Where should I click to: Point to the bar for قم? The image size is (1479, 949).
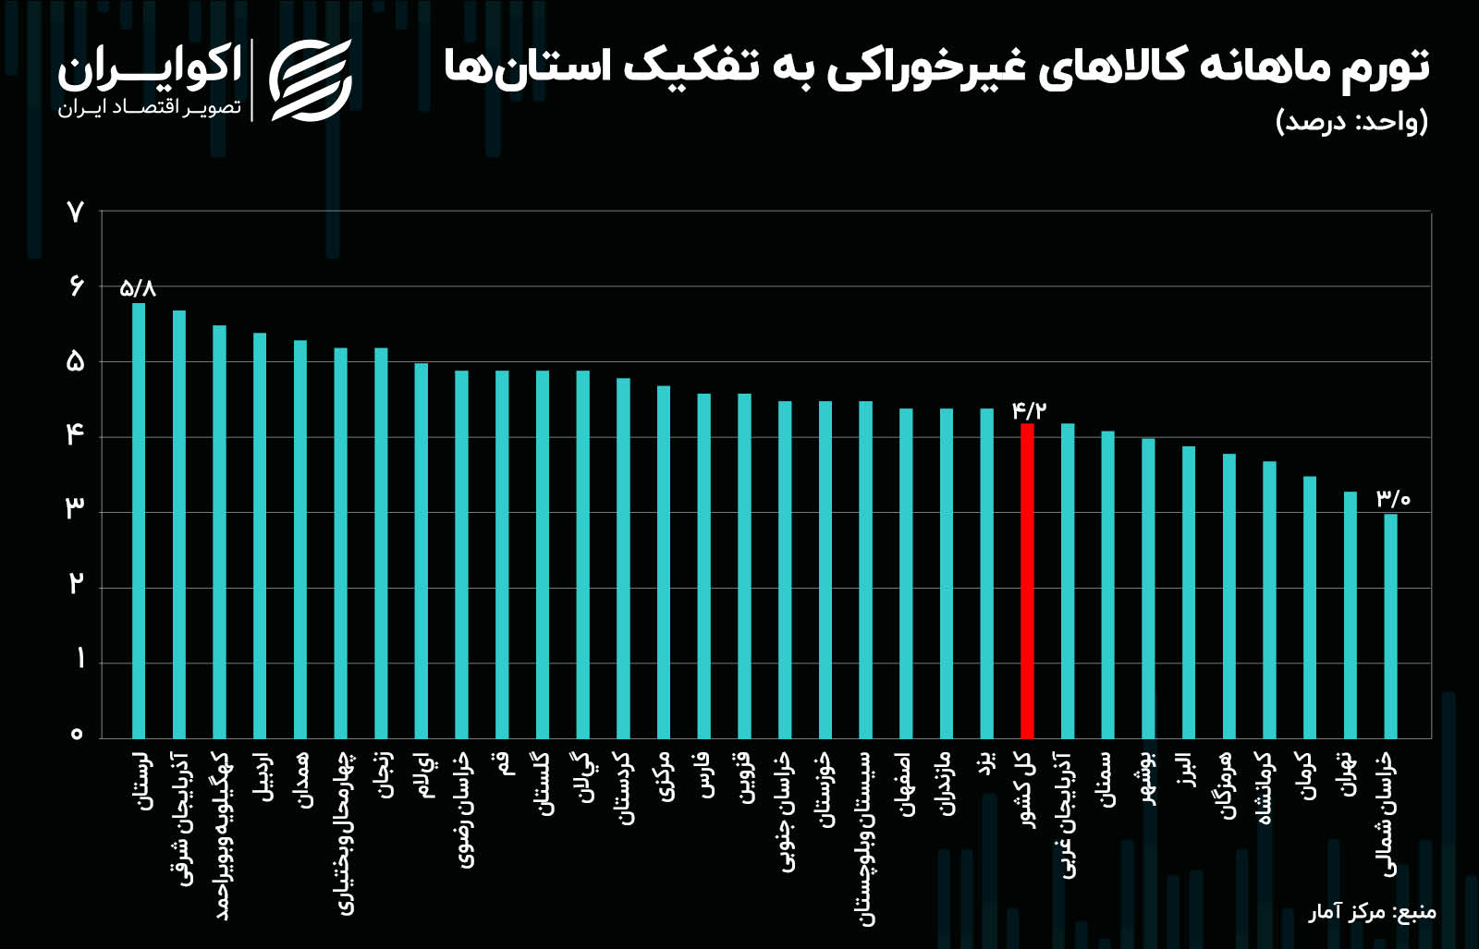(x=502, y=554)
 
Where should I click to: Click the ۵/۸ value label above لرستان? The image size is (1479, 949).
(x=138, y=288)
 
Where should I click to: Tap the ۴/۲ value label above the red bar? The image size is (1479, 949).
(x=1029, y=409)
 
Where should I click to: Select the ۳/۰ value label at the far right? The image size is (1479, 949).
(x=1393, y=499)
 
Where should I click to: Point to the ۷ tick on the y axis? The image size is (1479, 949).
(x=76, y=213)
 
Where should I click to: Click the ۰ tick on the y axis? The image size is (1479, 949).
(x=76, y=735)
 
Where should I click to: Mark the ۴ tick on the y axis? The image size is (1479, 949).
(x=76, y=434)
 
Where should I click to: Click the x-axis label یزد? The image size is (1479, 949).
(x=987, y=765)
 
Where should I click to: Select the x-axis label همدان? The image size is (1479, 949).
(x=300, y=781)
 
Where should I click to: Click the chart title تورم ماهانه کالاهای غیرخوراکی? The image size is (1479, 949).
(x=935, y=67)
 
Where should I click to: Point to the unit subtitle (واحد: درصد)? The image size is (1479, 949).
(x=1351, y=122)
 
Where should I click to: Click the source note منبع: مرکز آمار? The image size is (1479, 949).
(x=1372, y=913)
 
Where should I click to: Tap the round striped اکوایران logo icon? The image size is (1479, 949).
(x=311, y=80)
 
